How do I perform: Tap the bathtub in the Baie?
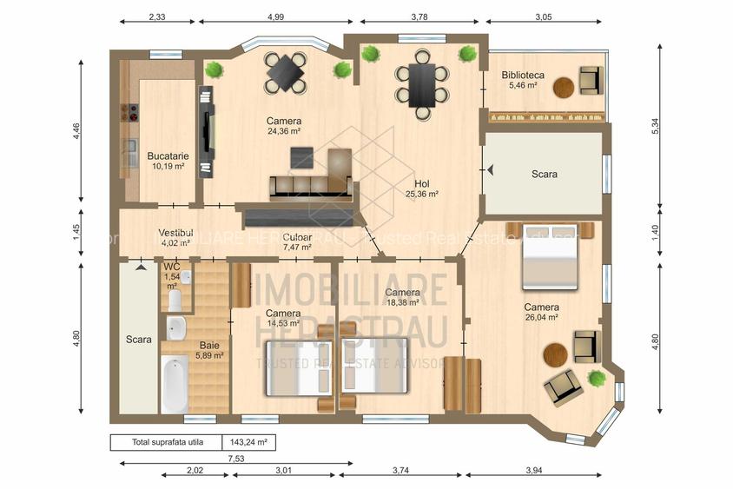point(175,383)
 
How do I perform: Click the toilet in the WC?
point(174,301)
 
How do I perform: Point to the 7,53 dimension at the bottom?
point(234,458)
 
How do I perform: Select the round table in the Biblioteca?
point(564,86)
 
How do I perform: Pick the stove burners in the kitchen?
point(134,112)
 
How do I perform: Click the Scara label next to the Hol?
point(545,174)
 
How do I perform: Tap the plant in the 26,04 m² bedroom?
point(596,379)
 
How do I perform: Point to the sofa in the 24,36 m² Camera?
point(312,186)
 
